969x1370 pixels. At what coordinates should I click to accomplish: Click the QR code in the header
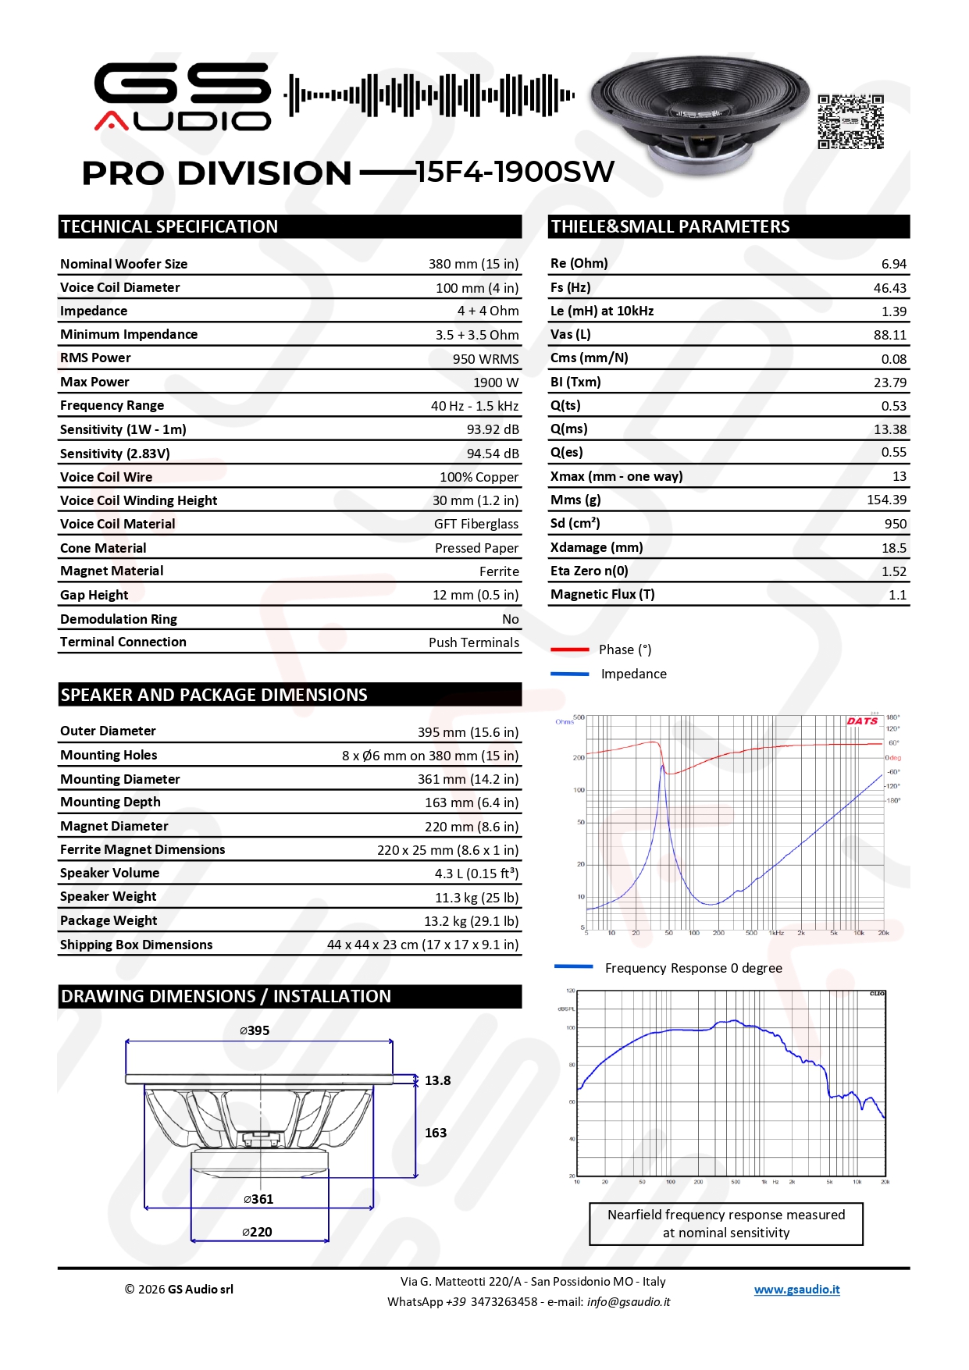click(850, 122)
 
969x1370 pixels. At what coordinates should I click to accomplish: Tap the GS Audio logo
click(183, 97)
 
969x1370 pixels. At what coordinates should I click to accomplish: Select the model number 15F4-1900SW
click(515, 173)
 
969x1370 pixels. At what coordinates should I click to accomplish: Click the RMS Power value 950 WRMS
click(485, 359)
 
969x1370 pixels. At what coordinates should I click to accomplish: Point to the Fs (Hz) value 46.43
click(889, 288)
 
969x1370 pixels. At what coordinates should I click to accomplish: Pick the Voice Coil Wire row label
click(106, 477)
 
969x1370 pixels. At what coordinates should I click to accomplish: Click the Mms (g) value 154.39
click(886, 500)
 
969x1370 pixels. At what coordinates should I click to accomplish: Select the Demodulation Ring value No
click(510, 619)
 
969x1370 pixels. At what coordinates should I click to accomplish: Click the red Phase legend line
click(569, 649)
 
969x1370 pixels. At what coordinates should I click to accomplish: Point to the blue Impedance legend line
click(569, 674)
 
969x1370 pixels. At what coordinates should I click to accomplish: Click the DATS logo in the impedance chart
click(862, 721)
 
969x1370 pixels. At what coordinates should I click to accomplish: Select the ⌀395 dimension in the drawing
click(255, 1030)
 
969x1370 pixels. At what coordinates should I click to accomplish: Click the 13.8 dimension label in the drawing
click(437, 1080)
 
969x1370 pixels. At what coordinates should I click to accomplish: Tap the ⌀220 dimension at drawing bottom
click(257, 1232)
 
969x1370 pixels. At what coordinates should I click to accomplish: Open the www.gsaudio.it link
click(796, 1290)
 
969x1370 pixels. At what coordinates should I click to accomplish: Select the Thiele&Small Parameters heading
click(670, 227)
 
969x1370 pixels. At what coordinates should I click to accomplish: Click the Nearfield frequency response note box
click(725, 1224)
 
